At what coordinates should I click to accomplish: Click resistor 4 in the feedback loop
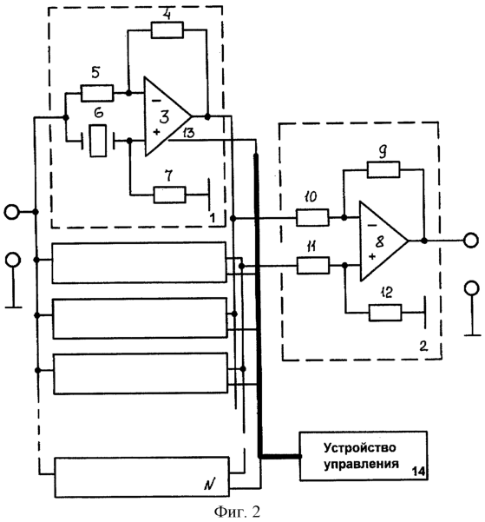pyautogui.click(x=167, y=30)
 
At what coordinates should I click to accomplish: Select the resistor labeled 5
pyautogui.click(x=97, y=93)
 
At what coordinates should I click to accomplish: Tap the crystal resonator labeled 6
pyautogui.click(x=98, y=141)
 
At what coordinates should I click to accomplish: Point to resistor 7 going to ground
pyautogui.click(x=170, y=195)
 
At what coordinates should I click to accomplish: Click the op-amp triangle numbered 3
pyautogui.click(x=167, y=116)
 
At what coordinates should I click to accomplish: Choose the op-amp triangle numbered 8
pyautogui.click(x=383, y=241)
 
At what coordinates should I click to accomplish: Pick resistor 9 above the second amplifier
pyautogui.click(x=383, y=169)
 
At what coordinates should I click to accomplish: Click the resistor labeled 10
pyautogui.click(x=312, y=218)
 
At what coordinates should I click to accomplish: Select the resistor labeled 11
pyautogui.click(x=313, y=265)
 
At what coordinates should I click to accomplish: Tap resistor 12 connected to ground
pyautogui.click(x=385, y=313)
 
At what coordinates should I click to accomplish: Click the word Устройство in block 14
pyautogui.click(x=359, y=448)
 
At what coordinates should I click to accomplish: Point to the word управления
pyautogui.click(x=361, y=464)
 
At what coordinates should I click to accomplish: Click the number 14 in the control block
pyautogui.click(x=418, y=472)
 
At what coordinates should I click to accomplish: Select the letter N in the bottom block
pyautogui.click(x=209, y=485)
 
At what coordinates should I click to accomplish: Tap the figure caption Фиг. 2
pyautogui.click(x=237, y=512)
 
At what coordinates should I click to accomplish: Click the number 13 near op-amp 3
pyautogui.click(x=188, y=133)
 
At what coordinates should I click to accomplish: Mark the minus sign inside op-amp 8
pyautogui.click(x=372, y=226)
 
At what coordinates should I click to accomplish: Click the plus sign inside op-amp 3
pyautogui.click(x=156, y=132)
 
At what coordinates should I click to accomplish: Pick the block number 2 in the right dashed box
pyautogui.click(x=423, y=347)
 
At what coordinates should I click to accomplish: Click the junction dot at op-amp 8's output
pyautogui.click(x=423, y=241)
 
